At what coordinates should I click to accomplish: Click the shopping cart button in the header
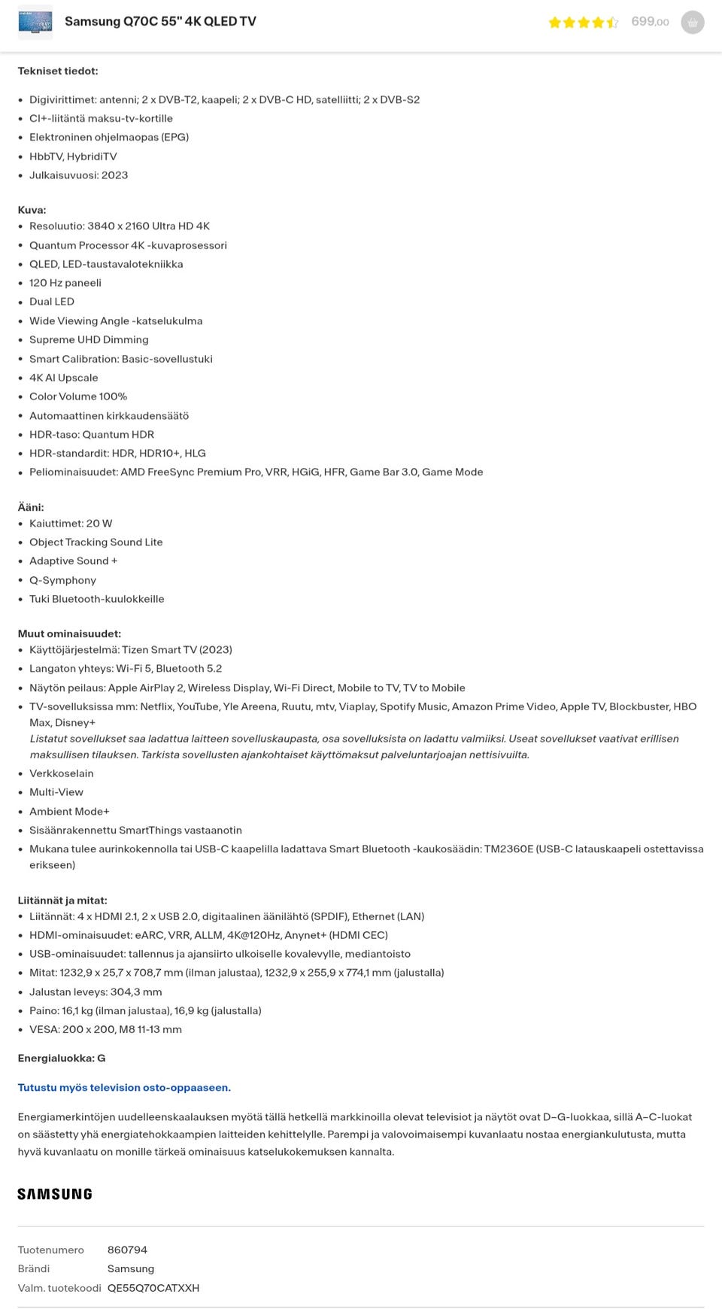692,23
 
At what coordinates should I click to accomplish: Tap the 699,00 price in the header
650,22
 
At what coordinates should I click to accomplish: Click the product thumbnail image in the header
35,22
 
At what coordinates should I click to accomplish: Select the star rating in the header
584,23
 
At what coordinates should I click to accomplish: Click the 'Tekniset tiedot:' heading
58,71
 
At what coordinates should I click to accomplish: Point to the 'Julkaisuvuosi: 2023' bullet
78,175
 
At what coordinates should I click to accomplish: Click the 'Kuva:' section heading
32,210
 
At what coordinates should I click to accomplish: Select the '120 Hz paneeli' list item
65,283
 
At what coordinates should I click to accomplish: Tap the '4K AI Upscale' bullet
64,378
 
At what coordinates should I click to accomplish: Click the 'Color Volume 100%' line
78,396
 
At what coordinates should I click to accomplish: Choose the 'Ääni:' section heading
31,507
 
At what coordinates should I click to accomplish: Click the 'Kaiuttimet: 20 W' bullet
71,524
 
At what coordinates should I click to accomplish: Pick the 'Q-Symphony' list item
62,580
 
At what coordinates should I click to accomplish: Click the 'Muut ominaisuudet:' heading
69,633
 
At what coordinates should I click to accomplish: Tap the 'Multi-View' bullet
56,792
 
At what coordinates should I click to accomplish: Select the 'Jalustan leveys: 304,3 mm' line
96,992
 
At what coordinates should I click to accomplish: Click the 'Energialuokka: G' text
62,1058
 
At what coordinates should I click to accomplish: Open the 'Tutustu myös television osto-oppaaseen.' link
124,1088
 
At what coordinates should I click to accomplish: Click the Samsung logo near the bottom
55,1194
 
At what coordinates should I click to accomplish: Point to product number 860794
127,1250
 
